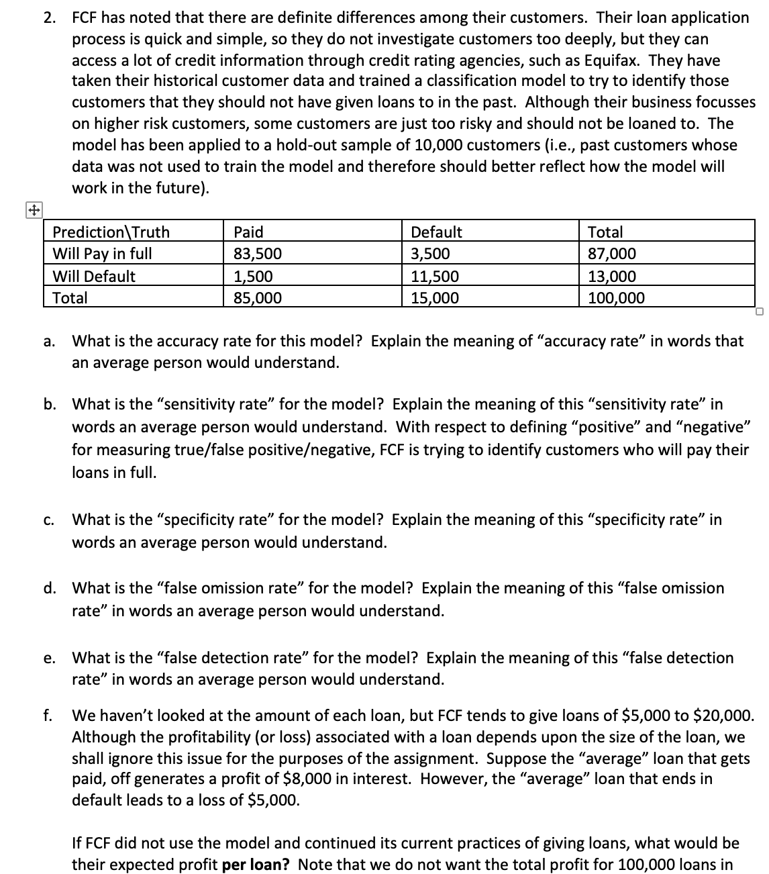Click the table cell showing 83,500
click(x=258, y=254)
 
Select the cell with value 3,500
click(x=430, y=254)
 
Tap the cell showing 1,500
click(x=253, y=276)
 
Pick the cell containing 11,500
click(x=435, y=276)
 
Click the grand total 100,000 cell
click(x=616, y=298)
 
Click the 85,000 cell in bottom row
click(x=258, y=298)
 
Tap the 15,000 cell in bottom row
click(x=435, y=298)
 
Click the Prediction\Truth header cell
click(x=111, y=232)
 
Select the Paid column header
click(x=248, y=232)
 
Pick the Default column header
click(x=436, y=232)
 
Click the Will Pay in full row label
click(x=102, y=254)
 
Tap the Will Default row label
click(x=94, y=276)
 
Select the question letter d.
click(x=49, y=589)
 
